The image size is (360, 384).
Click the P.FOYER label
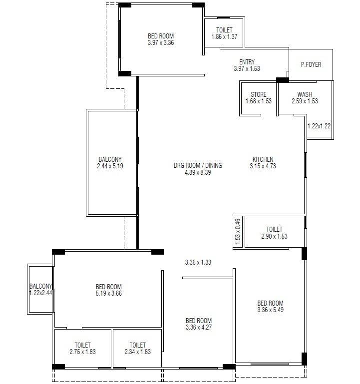coord(311,64)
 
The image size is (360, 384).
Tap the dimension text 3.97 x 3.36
coord(161,43)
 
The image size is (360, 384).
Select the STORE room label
coord(259,94)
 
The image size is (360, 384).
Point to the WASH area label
coord(305,94)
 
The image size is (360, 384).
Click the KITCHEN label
coord(263,160)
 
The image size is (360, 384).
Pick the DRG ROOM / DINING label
coord(198,165)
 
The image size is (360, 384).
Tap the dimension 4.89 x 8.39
coord(198,173)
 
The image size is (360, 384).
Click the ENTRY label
coord(247,62)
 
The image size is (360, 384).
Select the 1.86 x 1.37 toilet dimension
coord(224,37)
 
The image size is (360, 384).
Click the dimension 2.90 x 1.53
coord(274,236)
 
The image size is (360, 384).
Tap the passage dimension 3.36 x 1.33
coord(198,262)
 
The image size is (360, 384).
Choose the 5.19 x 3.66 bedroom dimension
coord(109,294)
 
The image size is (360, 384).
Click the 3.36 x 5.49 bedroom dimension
coord(270,310)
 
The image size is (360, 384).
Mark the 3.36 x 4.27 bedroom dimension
coord(198,328)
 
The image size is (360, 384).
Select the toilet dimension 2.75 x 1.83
coord(82,352)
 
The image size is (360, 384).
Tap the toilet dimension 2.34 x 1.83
coord(137,352)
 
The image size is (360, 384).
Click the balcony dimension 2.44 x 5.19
coord(110,166)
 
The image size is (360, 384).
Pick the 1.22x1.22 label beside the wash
coord(319,126)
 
